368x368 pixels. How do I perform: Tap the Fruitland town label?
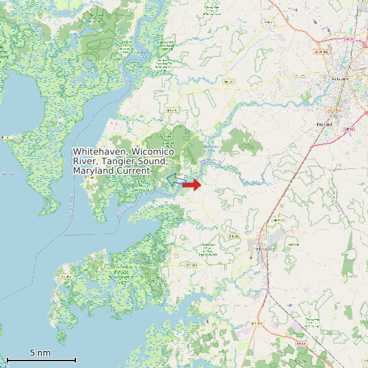click(325, 125)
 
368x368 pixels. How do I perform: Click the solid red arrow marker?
click(193, 185)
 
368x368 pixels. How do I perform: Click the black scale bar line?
click(41, 359)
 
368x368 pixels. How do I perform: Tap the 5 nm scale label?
click(40, 352)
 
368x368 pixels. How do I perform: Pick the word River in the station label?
click(86, 161)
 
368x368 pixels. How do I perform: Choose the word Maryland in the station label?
click(92, 171)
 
